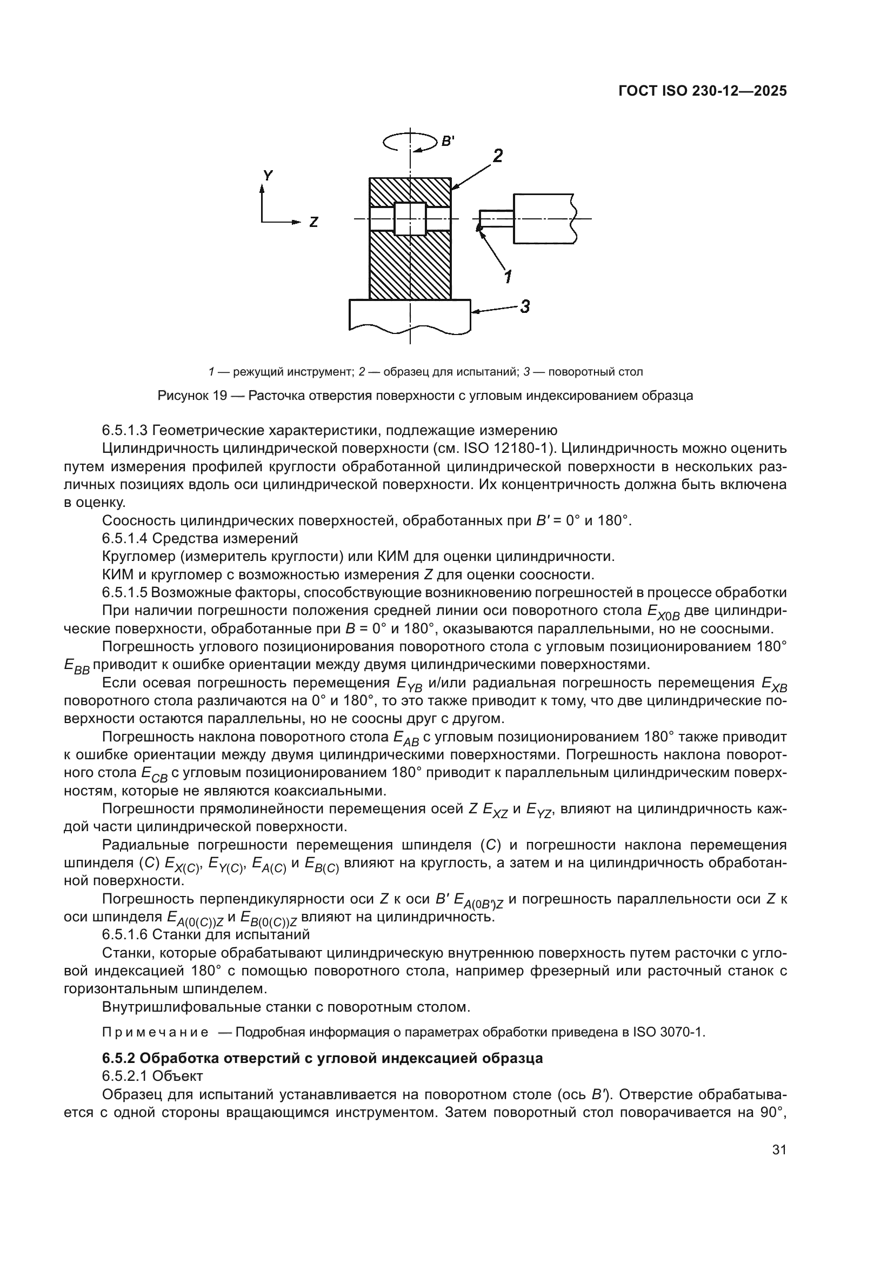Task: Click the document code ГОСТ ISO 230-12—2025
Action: tap(703, 91)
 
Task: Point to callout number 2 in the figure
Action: tap(497, 156)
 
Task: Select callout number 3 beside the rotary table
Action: tap(525, 306)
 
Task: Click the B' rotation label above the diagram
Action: tap(447, 142)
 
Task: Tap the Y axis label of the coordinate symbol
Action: tap(268, 176)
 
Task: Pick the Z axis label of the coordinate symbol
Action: tap(313, 223)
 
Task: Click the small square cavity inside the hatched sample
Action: tap(410, 218)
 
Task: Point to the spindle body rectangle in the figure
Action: tap(542, 218)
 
